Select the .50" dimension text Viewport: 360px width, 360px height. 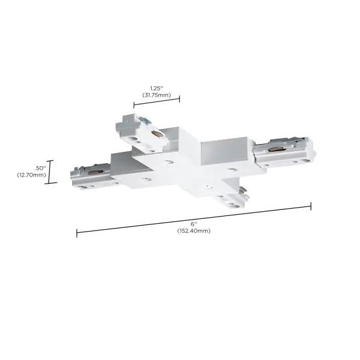tap(40, 167)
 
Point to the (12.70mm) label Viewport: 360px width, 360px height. tap(32, 175)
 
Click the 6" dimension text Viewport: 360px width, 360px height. tap(193, 224)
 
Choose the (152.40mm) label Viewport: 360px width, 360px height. tap(193, 231)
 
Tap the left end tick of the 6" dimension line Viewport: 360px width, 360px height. tap(76, 232)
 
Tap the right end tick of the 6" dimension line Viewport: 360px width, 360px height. tap(311, 206)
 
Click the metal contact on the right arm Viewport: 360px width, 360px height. tap(277, 148)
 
